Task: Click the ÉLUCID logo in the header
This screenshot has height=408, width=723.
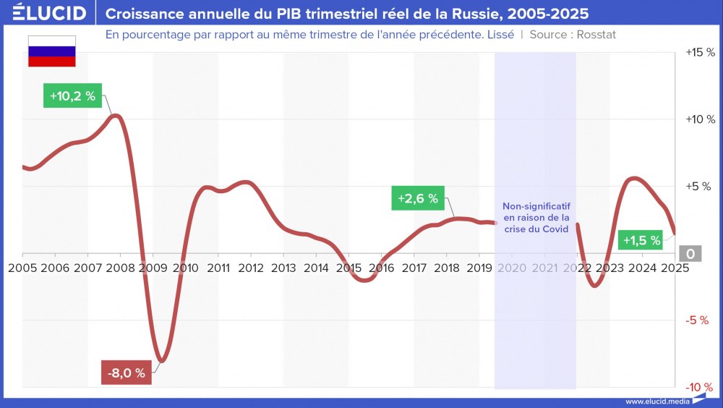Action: tap(50, 13)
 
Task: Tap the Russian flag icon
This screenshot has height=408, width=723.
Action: tap(51, 51)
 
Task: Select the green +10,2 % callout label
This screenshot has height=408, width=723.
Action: tap(73, 95)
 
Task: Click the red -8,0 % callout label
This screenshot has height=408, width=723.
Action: tap(127, 373)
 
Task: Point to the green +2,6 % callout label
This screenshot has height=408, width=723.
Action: tap(418, 198)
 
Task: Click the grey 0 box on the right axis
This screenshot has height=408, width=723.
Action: tap(690, 253)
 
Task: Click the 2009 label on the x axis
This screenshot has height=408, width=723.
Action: tap(153, 268)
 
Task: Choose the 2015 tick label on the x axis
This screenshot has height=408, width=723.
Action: tap(348, 268)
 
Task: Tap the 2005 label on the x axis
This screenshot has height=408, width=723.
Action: tap(22, 268)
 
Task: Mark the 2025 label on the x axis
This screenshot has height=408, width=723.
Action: tap(674, 268)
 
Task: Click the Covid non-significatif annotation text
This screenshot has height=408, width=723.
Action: tap(536, 217)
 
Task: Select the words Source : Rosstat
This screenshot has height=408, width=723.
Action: tap(573, 35)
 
